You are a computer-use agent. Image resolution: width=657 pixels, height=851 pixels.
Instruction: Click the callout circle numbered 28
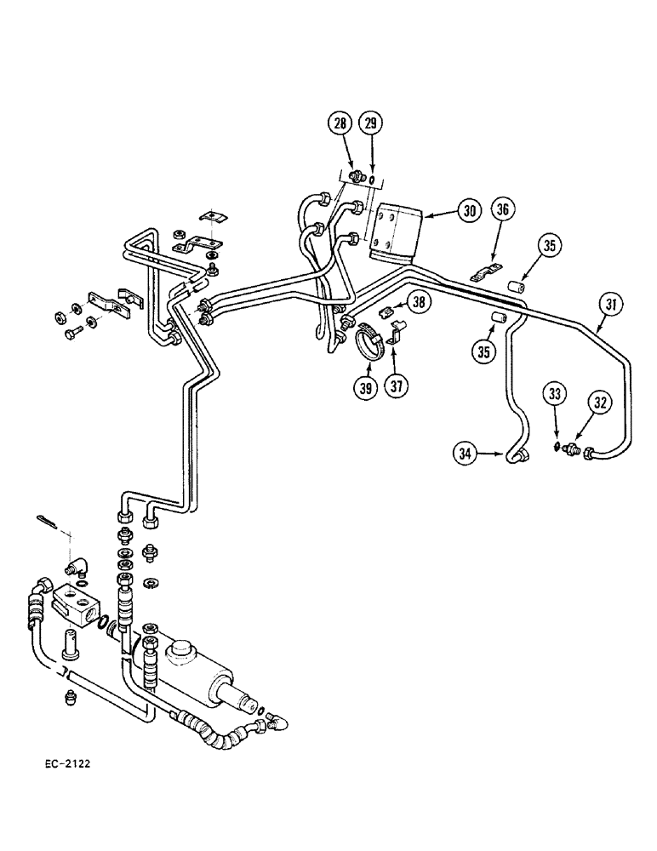pyautogui.click(x=340, y=125)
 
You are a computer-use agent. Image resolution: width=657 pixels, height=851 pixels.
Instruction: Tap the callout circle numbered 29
pyautogui.click(x=371, y=125)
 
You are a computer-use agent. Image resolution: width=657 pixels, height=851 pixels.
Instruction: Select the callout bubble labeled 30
pyautogui.click(x=468, y=210)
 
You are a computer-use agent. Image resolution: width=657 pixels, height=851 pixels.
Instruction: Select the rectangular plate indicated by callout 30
pyautogui.click(x=394, y=228)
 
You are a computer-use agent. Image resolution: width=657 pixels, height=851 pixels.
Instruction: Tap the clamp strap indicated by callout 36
pyautogui.click(x=483, y=277)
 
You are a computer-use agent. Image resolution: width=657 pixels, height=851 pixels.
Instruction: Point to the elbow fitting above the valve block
pyautogui.click(x=81, y=563)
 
